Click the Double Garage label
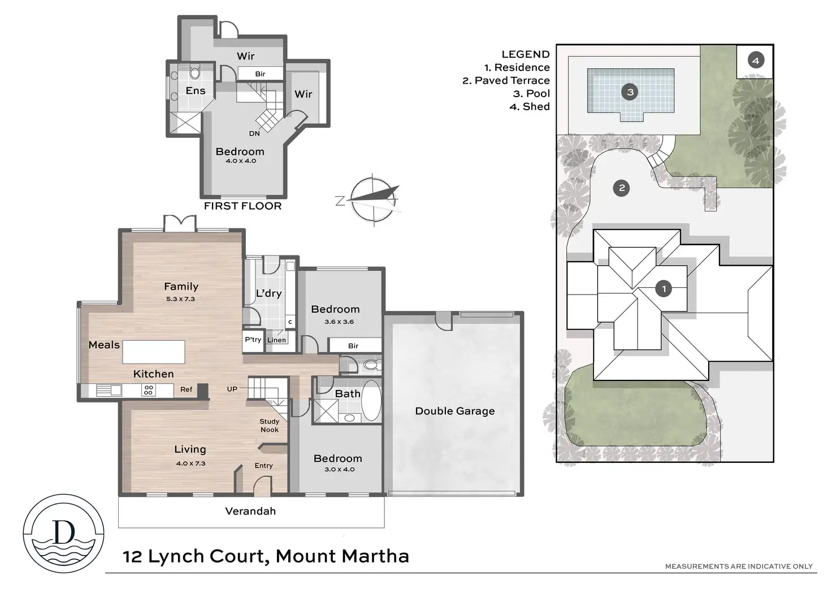point(454,411)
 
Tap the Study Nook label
point(270,426)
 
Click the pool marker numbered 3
point(630,92)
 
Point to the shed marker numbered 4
point(756,60)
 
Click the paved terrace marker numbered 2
point(622,188)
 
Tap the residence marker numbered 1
point(664,289)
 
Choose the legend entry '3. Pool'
point(531,94)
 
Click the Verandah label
point(250,511)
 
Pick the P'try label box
point(253,339)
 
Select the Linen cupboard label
point(276,340)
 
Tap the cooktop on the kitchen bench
point(148,389)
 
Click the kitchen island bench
point(153,352)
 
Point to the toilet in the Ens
point(195,73)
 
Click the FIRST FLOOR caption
point(242,206)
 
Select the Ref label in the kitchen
point(186,389)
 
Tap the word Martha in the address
point(375,556)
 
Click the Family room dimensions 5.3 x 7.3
point(180,299)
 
